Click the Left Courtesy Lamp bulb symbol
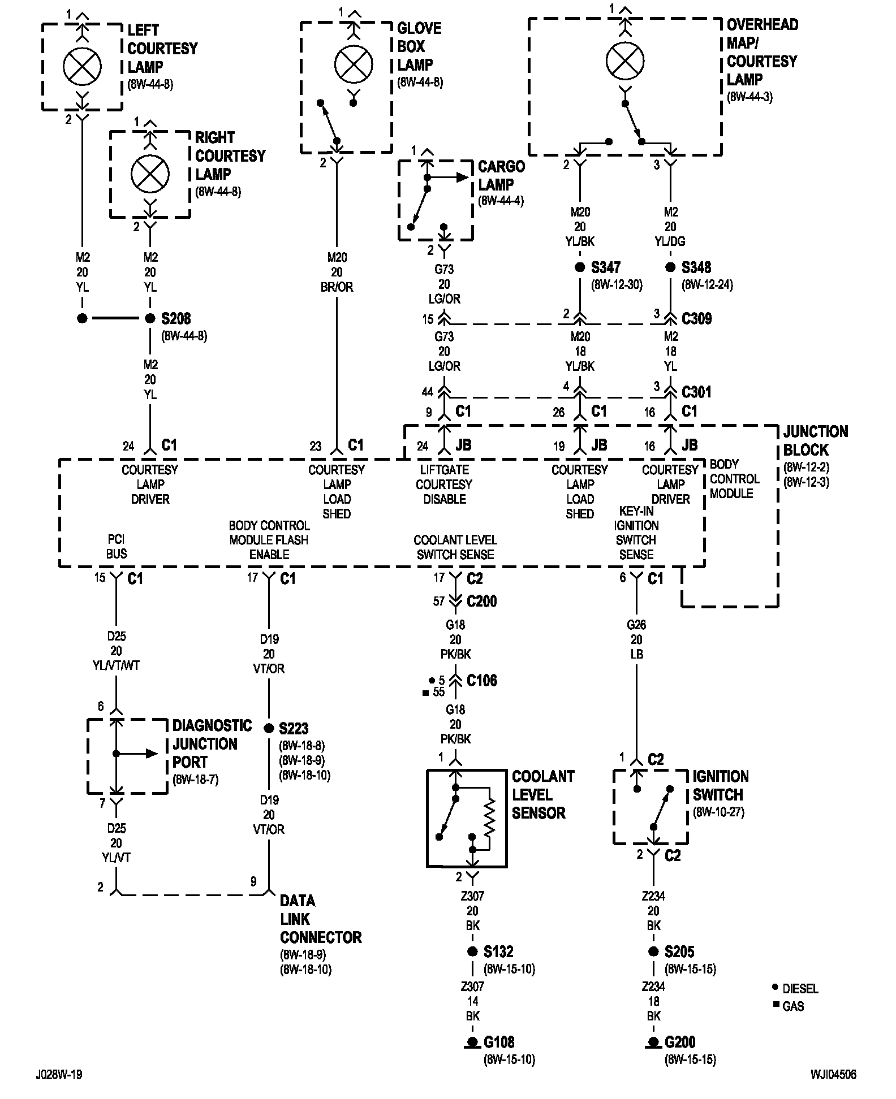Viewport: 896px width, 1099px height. coord(82,67)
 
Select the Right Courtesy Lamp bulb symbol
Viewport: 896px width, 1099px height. coord(150,174)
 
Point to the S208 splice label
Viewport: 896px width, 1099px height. coord(176,319)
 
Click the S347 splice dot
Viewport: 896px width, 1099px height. coord(580,267)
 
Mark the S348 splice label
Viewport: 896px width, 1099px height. coord(696,267)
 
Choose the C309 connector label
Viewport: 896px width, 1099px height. coord(696,319)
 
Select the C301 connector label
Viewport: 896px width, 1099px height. coord(696,392)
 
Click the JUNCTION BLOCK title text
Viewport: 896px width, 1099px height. coord(815,441)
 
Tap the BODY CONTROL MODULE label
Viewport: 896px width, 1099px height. coord(734,479)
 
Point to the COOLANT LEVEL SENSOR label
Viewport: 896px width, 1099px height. coord(542,794)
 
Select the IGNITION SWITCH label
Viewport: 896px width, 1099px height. coord(720,785)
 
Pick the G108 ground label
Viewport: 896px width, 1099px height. coord(499,1042)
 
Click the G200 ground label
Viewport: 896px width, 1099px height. coord(680,1042)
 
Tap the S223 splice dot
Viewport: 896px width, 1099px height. coord(269,728)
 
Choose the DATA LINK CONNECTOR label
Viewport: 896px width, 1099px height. coord(320,919)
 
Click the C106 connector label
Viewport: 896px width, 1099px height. coord(481,680)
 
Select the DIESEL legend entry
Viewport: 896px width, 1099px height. coord(800,989)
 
